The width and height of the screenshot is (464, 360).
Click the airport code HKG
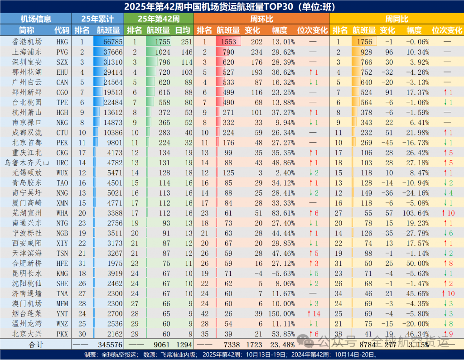(62, 42)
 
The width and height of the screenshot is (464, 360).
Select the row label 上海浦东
(26, 52)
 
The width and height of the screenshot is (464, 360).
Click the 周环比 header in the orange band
(261, 19)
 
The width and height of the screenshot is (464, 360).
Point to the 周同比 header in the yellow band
(396, 19)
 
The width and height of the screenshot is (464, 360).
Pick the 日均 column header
(183, 30)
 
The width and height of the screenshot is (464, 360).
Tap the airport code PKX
(62, 334)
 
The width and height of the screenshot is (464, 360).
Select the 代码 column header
(62, 30)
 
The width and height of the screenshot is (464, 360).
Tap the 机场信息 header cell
(36, 19)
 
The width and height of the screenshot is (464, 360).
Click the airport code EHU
(62, 72)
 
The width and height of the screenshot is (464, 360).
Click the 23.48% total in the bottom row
(283, 345)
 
